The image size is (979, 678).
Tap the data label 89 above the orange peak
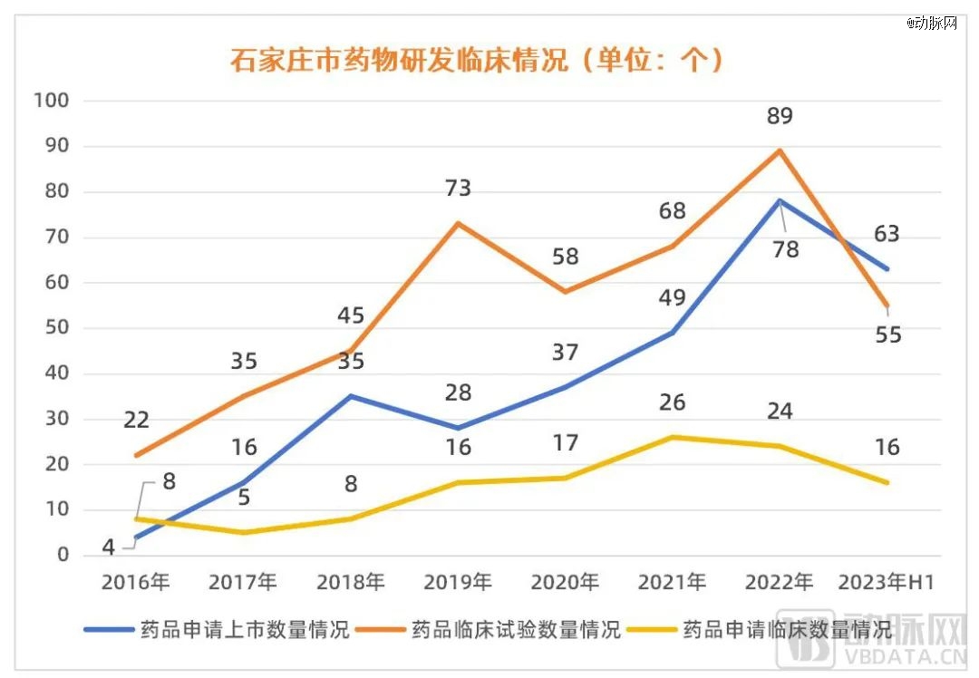(779, 116)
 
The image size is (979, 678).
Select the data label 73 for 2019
(458, 189)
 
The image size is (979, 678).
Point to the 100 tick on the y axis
(51, 101)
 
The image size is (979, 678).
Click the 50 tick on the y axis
(56, 328)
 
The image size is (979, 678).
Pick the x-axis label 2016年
(135, 582)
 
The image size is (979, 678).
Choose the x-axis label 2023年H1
(887, 582)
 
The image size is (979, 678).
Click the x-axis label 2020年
(565, 582)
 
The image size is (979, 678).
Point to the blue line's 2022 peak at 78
(780, 200)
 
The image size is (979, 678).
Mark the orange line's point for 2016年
(135, 455)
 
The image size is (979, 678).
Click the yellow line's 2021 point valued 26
(672, 437)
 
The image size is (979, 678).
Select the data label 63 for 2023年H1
(887, 234)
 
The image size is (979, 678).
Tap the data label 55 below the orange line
(888, 334)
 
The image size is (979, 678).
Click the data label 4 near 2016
(108, 547)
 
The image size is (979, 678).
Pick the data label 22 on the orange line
(135, 420)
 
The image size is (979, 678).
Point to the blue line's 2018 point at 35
(350, 396)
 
